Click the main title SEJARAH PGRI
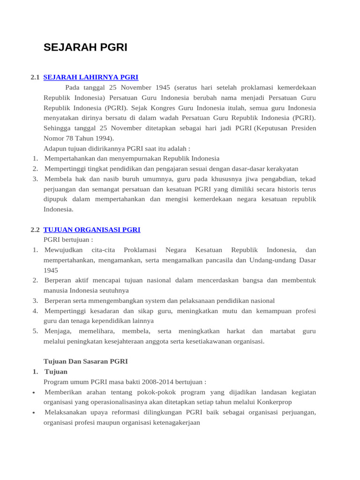tap(85, 47)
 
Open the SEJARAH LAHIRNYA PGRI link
tap(90, 77)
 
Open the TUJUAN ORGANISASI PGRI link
tap(92, 230)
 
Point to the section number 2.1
tap(35, 77)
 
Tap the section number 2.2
tap(35, 230)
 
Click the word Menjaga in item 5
tap(57, 331)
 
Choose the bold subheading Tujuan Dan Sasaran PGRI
tap(85, 361)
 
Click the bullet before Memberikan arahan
tap(35, 393)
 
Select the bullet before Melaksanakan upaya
tap(35, 413)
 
